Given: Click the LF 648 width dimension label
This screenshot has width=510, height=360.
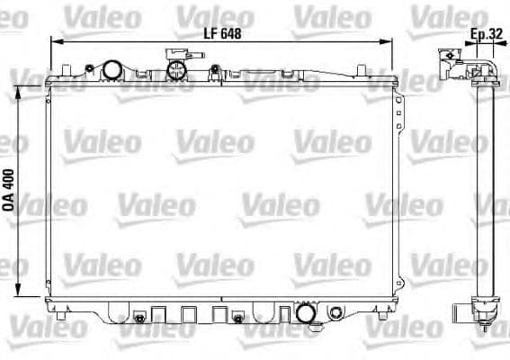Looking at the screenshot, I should (221, 32).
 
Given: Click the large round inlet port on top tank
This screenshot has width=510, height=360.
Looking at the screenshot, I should (112, 69).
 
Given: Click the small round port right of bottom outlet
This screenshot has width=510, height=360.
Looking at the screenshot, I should (336, 313).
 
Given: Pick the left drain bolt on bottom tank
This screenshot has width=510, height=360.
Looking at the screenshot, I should (139, 319).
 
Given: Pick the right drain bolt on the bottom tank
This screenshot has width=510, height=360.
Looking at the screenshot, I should (237, 318).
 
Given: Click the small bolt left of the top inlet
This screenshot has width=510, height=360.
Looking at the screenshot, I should (90, 67).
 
